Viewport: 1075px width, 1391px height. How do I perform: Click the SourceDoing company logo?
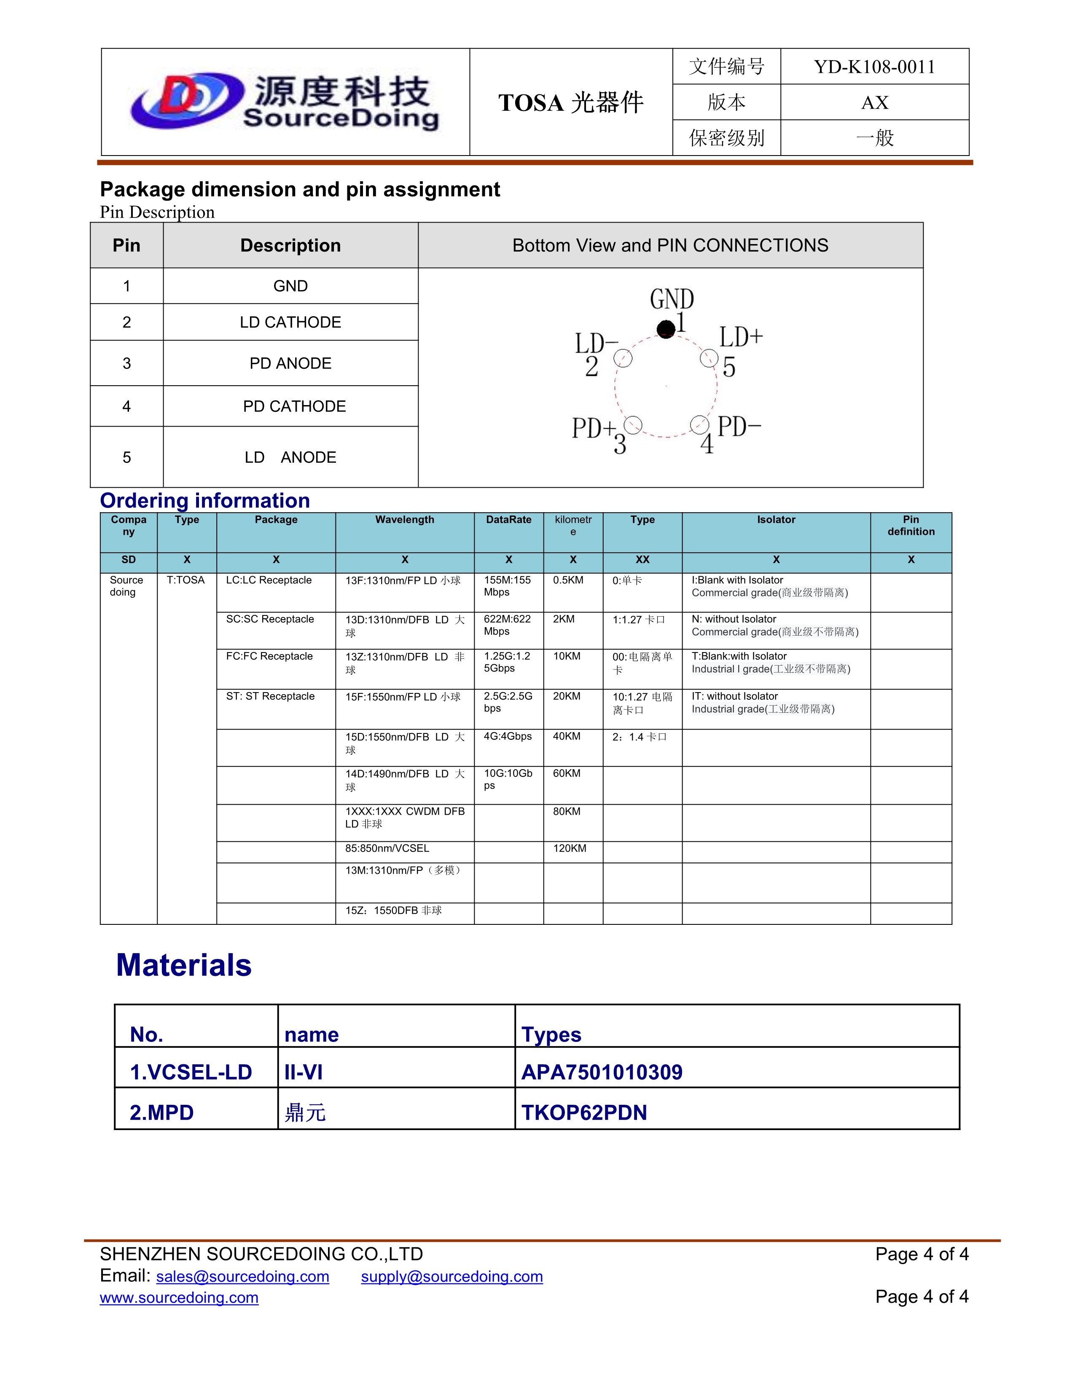coord(285,102)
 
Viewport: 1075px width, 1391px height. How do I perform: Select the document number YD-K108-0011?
coord(874,67)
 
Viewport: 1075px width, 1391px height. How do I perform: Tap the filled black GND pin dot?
coord(666,329)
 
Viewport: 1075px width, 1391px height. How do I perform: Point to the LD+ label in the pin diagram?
coord(741,337)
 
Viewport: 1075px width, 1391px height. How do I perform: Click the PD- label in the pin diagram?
coord(739,427)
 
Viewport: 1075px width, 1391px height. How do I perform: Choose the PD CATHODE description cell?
coord(294,406)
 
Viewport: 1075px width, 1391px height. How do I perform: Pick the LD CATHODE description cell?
coord(290,322)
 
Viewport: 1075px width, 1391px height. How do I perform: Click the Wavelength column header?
coord(404,520)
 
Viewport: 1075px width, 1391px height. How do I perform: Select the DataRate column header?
coord(508,520)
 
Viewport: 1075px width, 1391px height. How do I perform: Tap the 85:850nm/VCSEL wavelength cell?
coord(387,849)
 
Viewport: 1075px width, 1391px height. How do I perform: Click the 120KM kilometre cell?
coord(570,849)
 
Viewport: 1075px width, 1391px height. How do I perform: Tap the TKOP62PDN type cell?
coord(584,1113)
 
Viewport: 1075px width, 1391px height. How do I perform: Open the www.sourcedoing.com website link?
coord(179,1297)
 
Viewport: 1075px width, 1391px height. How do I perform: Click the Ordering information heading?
coord(205,501)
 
